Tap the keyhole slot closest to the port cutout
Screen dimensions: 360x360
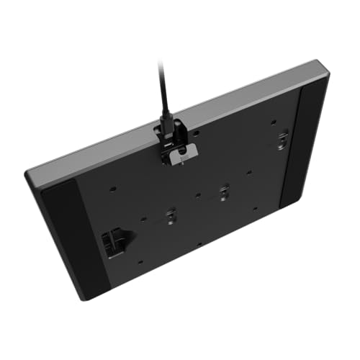pyautogui.click(x=171, y=214)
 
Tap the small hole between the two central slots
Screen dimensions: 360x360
pyautogui.click(x=198, y=194)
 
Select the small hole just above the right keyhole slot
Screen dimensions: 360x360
pyautogui.click(x=278, y=123)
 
